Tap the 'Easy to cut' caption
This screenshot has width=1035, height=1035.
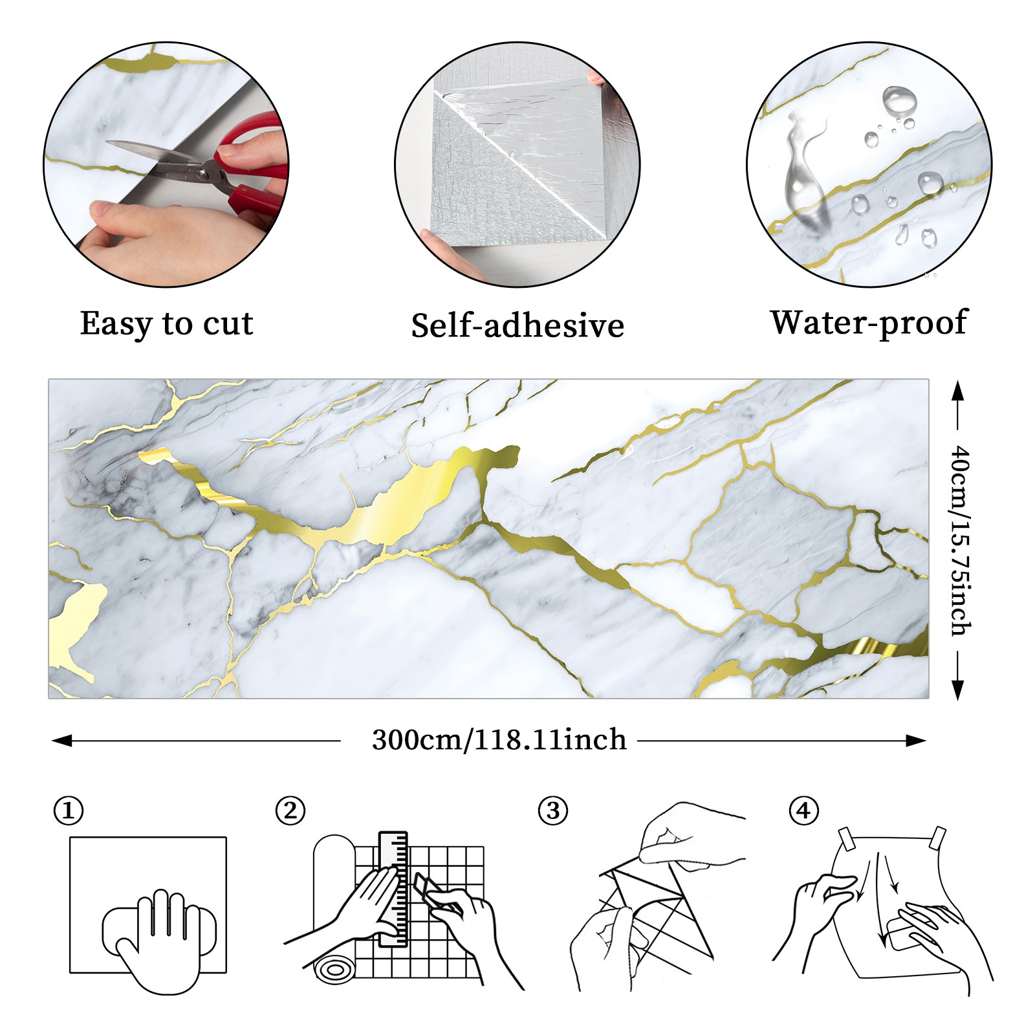pyautogui.click(x=166, y=323)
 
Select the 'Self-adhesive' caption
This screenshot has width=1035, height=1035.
pyautogui.click(x=517, y=325)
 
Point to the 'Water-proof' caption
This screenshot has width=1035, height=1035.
pyautogui.click(x=869, y=323)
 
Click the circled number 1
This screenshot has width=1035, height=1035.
pyautogui.click(x=69, y=811)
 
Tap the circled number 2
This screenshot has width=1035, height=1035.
pyautogui.click(x=290, y=811)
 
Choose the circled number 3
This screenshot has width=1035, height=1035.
pyautogui.click(x=553, y=811)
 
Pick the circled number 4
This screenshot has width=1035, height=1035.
pyautogui.click(x=803, y=811)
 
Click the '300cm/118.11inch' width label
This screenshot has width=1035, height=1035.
pyautogui.click(x=499, y=740)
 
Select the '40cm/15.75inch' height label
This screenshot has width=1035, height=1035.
pyautogui.click(x=960, y=540)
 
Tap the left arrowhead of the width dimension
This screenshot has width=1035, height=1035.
pyautogui.click(x=61, y=741)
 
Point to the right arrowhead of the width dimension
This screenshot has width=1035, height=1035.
pyautogui.click(x=916, y=741)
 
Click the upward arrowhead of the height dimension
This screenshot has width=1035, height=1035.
pyautogui.click(x=958, y=391)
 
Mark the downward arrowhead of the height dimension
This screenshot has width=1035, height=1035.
pyautogui.click(x=958, y=690)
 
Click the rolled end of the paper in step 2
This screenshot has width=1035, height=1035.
pyautogui.click(x=334, y=970)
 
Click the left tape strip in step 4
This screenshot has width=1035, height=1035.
pyautogui.click(x=847, y=838)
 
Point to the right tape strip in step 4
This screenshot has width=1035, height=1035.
pyautogui.click(x=938, y=838)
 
